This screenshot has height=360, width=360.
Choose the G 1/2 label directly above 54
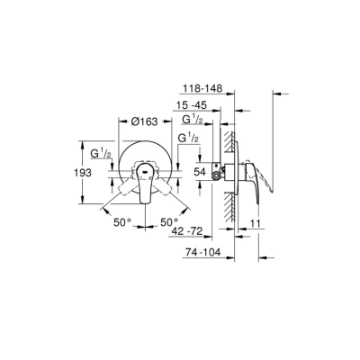point(188,139)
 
